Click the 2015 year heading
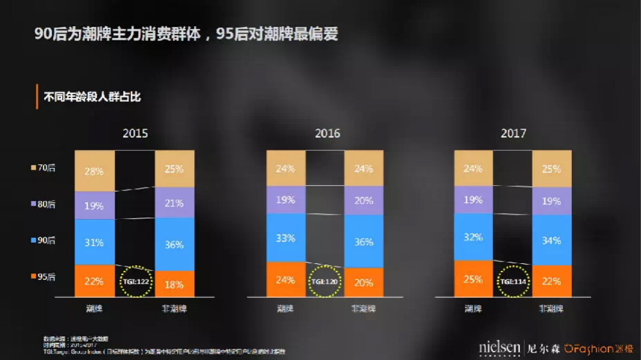135,133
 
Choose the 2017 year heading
513,133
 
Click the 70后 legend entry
43,168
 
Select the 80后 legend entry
43,204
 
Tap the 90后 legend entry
43,240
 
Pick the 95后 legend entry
43,277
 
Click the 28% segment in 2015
95,171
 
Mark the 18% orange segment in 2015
174,284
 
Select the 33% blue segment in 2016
286,238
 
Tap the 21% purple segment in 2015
174,203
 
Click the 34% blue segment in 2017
551,240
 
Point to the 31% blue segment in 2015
95,242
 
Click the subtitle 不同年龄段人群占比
92,98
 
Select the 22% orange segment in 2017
551,281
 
